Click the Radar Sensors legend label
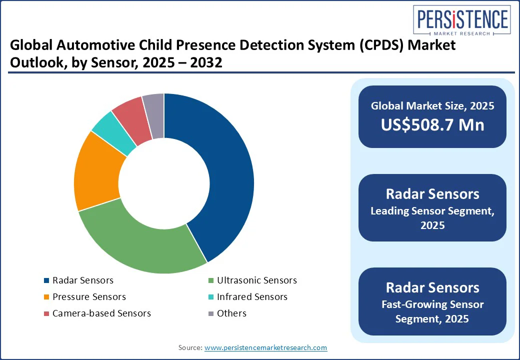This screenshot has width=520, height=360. click(82, 280)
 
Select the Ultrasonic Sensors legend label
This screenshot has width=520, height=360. click(257, 280)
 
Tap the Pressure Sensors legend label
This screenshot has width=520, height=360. click(89, 297)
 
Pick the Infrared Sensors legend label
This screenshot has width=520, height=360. click(252, 297)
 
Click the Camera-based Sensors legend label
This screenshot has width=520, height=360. click(101, 313)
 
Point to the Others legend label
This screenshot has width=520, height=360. click(231, 313)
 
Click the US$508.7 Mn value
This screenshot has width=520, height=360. click(432, 124)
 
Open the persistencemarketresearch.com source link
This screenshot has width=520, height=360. click(265, 347)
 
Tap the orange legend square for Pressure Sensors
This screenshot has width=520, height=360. click(46, 297)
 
